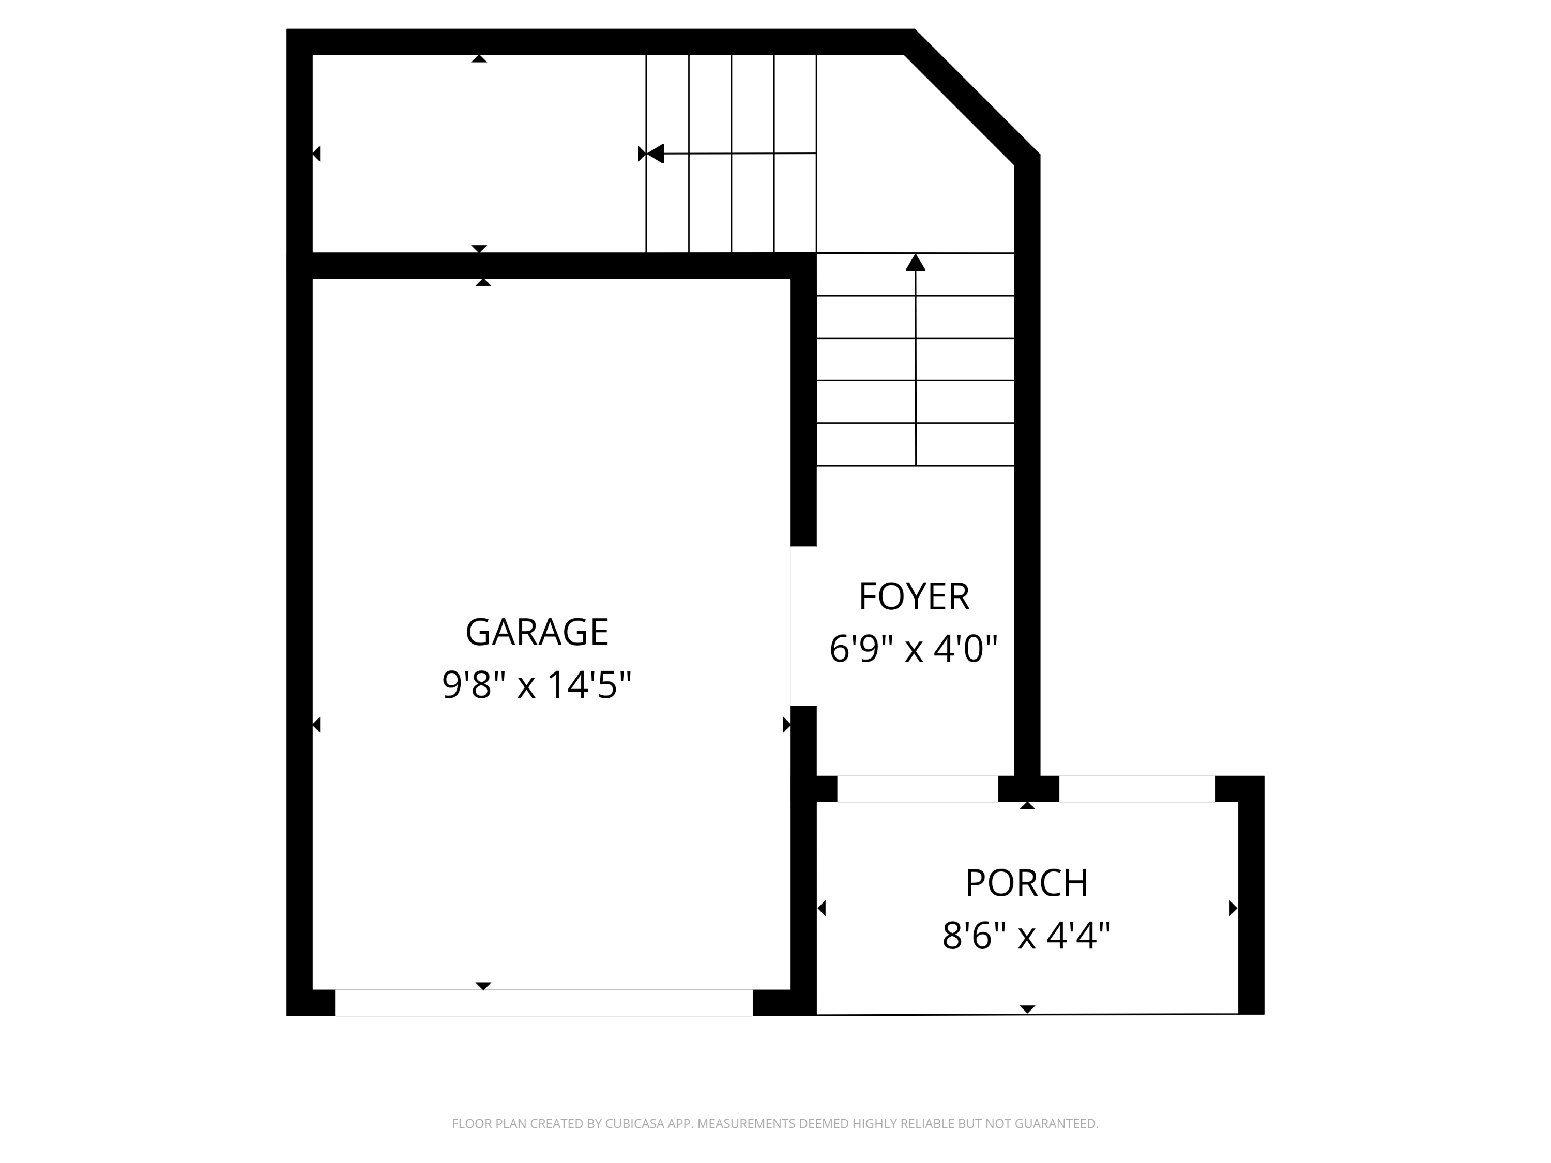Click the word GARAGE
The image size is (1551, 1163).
tap(537, 632)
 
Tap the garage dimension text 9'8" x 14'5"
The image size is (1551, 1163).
tap(537, 685)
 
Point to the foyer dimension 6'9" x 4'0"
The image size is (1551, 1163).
tap(913, 649)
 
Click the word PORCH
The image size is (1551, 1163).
tap(1027, 883)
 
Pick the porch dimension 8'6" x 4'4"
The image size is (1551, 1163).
tap(1027, 936)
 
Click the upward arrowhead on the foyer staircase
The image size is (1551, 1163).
tap(915, 263)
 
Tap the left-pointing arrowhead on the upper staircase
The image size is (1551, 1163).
tap(655, 154)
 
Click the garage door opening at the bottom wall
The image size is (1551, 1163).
tap(543, 1002)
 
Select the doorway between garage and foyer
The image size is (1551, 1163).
tap(803, 626)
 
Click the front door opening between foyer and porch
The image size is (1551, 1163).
tap(917, 789)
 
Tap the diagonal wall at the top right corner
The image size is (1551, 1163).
tap(970, 98)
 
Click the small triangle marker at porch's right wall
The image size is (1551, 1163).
tap(1233, 909)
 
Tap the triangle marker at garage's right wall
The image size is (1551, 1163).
tap(786, 725)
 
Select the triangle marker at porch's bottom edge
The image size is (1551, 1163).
tap(1027, 1009)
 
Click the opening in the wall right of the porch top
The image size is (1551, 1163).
tap(1136, 789)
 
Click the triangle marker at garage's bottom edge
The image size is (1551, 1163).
tap(483, 986)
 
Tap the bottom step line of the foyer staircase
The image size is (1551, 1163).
tap(915, 466)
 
